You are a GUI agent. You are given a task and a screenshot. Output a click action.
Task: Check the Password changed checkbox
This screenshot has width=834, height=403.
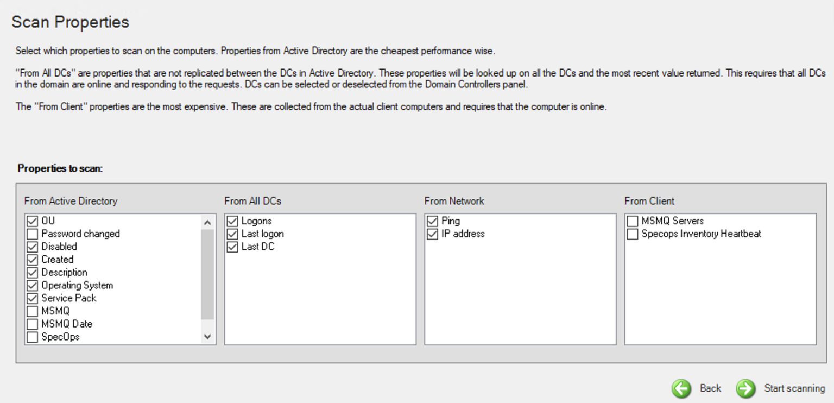coord(33,234)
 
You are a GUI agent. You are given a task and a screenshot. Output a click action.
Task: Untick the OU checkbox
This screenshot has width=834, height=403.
coord(33,221)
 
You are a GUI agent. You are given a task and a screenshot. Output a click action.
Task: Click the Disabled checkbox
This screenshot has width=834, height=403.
coord(33,247)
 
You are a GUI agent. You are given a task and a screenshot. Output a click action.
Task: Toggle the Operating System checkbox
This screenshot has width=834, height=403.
coord(33,286)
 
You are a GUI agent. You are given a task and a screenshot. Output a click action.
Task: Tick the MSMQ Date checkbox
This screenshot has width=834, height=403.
coord(33,324)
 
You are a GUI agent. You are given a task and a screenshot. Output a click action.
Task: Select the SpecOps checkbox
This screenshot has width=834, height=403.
coord(33,337)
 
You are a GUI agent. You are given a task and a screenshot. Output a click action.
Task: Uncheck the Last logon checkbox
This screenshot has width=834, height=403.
coord(232,234)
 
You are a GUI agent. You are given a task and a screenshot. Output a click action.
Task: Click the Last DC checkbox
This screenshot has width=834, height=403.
coord(232,247)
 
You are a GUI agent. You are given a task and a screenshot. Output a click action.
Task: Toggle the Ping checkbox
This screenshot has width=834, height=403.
coord(432,221)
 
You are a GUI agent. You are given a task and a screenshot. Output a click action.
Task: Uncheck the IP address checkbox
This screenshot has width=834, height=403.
coord(432,234)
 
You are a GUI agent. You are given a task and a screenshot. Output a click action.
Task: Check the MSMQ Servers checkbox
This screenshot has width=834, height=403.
coord(632,221)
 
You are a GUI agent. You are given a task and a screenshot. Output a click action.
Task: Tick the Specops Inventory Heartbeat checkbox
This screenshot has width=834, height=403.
coord(632,234)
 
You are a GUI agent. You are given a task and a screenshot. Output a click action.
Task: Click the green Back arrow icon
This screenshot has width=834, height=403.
coord(681,388)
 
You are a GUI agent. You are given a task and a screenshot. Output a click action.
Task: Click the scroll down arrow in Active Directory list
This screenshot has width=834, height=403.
coord(208,337)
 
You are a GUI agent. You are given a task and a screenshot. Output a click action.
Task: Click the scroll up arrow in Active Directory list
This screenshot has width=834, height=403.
coord(208,223)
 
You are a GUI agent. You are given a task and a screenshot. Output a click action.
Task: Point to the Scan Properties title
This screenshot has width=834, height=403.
coord(71,22)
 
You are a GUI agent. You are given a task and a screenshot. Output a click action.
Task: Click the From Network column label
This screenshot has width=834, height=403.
coord(454,201)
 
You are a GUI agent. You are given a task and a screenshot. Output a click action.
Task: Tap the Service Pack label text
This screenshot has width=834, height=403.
coord(69,298)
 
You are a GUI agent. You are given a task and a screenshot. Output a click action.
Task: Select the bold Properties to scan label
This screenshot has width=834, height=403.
coord(60,168)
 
